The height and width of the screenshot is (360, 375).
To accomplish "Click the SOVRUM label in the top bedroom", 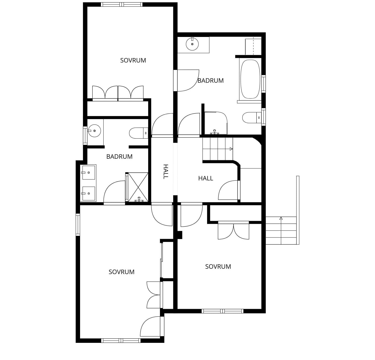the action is [133, 60].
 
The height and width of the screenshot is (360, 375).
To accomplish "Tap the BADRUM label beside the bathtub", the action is [211, 81].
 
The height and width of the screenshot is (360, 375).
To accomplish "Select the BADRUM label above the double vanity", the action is [119, 157].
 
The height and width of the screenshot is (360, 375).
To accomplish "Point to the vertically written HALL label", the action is [166, 172].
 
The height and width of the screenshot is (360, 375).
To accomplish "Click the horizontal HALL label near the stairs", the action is [206, 179].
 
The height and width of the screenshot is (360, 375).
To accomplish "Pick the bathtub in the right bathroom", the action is [250, 79].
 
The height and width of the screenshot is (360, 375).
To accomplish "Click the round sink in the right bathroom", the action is [192, 44].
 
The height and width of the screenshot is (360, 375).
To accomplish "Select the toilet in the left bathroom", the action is [138, 133].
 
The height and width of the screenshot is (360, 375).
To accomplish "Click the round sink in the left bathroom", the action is [94, 131].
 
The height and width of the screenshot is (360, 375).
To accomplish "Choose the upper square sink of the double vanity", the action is [88, 173].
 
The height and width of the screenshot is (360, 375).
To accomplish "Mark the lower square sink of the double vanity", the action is [88, 194].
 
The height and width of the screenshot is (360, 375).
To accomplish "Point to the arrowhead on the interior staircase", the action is [231, 149].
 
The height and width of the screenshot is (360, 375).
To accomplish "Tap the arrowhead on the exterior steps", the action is [281, 218].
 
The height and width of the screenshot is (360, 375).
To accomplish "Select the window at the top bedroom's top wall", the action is [122, 5].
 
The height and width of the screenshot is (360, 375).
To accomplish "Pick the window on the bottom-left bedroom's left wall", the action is [78, 225].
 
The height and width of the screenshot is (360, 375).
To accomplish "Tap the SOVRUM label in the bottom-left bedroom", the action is [121, 272].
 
